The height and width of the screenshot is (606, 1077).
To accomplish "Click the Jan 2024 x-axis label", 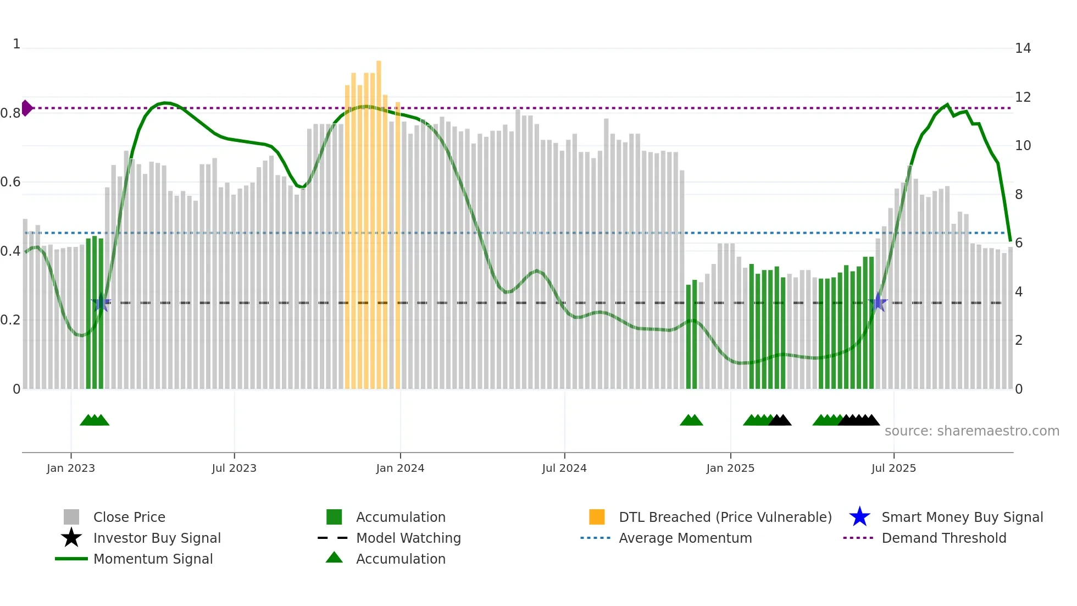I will point(400,468).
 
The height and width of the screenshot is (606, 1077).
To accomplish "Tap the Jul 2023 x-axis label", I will point(234,468).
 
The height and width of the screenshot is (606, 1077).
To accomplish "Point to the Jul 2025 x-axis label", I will point(893,468).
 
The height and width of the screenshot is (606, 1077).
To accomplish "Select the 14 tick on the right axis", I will point(1023,48).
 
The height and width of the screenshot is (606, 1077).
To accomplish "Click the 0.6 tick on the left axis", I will point(10,182).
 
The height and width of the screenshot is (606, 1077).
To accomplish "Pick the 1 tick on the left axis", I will point(16,44).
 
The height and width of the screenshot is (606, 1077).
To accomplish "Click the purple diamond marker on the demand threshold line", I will point(26,108).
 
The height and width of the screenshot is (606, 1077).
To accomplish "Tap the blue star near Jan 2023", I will point(101,302).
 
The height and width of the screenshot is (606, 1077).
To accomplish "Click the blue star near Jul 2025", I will point(878,302).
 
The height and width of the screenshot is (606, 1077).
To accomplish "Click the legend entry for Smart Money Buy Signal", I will point(962,517).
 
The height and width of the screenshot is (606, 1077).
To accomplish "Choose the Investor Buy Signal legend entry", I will point(157,538).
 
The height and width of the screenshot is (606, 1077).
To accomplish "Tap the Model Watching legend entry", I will point(408,538).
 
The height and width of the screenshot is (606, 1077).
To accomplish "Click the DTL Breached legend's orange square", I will point(597,517).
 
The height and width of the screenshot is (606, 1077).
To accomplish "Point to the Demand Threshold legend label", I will point(943,538).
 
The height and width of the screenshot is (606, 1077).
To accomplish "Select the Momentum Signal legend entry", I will point(153,559).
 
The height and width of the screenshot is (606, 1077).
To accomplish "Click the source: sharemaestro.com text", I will point(971,431).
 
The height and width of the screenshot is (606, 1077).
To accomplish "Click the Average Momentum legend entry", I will point(685,538).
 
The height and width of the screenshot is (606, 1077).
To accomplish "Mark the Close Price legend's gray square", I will point(71,517).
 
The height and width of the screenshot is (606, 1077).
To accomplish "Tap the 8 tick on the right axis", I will point(1019,195).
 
